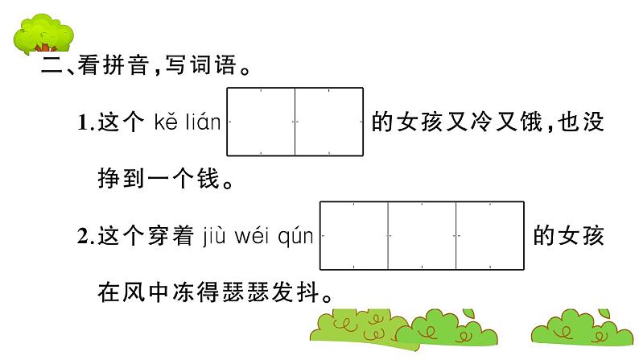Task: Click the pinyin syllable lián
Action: (x=203, y=123)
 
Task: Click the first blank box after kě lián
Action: (x=262, y=121)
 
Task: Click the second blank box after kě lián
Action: (x=329, y=121)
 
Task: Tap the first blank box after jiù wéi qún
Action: (x=354, y=235)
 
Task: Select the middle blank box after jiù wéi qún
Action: (x=422, y=235)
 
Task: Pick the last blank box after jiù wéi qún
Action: (x=489, y=235)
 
